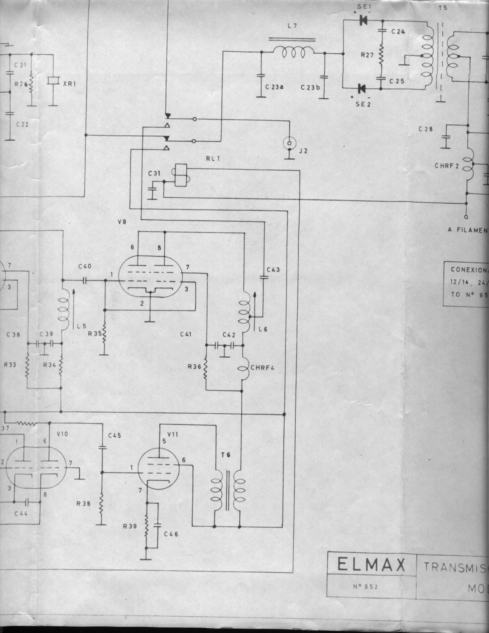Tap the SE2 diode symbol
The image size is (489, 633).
[361, 88]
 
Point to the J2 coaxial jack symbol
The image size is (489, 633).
[289, 143]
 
